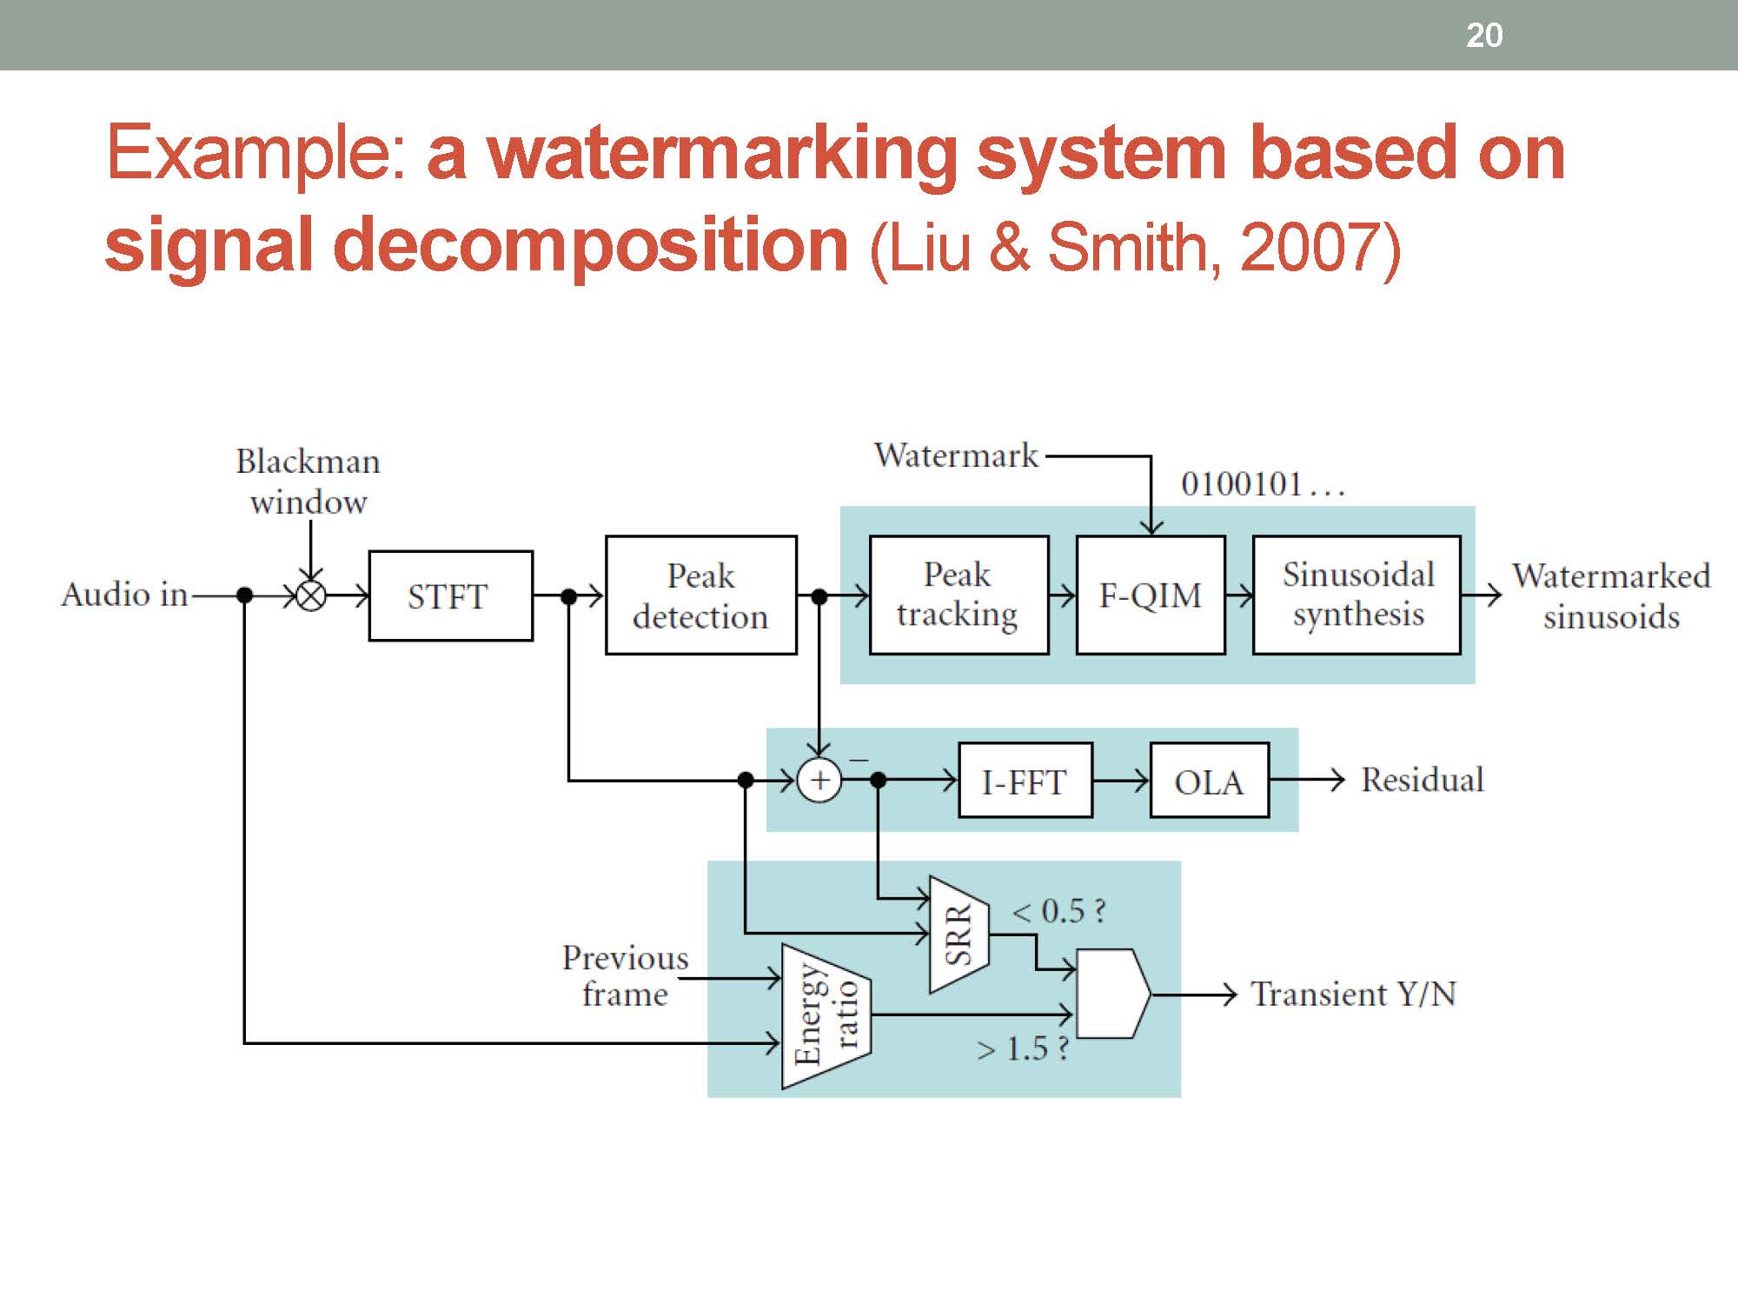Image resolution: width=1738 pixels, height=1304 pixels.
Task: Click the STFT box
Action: (x=450, y=596)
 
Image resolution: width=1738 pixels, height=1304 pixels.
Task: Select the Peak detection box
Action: (x=700, y=595)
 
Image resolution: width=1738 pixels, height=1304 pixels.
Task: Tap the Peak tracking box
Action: (x=959, y=595)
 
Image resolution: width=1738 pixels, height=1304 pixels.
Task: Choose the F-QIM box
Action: (x=1150, y=595)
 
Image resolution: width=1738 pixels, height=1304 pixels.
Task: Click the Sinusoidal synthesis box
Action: (x=1357, y=595)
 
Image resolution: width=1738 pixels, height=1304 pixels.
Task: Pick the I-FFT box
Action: (x=1025, y=781)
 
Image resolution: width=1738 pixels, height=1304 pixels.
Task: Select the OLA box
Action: (x=1209, y=781)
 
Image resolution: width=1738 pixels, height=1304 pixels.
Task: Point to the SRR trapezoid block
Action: (x=959, y=935)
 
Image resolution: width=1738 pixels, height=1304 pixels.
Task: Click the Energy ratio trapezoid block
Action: (x=826, y=1015)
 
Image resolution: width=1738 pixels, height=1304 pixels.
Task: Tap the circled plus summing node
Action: (x=819, y=781)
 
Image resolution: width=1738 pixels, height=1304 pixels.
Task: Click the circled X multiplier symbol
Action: (x=311, y=596)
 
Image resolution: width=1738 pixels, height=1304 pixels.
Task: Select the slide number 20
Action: (x=1484, y=36)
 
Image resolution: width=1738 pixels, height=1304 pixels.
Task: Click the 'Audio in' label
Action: (x=124, y=595)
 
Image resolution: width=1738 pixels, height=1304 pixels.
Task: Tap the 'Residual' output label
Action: (x=1422, y=780)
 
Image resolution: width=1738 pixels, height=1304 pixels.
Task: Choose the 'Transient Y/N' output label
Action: (x=1353, y=994)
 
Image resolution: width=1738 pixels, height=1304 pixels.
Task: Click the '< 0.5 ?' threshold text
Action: (x=1059, y=911)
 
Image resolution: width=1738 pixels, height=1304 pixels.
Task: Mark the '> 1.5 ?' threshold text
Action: (x=1022, y=1049)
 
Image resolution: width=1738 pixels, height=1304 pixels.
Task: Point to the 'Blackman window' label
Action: (x=308, y=482)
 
